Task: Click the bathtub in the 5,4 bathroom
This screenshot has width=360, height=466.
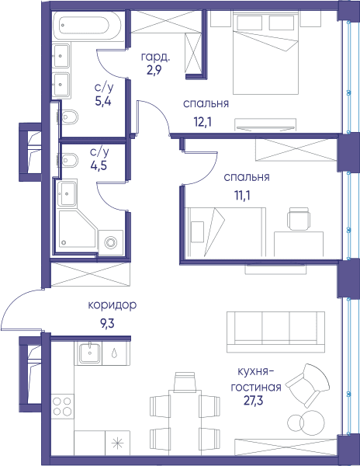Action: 87,26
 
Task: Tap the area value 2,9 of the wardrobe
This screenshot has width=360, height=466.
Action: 154,70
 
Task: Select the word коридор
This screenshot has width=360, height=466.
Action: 112,305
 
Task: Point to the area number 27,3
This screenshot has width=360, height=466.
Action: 253,401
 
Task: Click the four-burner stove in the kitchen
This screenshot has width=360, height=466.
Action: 62,406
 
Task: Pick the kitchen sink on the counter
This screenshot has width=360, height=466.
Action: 89,353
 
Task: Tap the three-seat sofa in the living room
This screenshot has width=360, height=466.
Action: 275,332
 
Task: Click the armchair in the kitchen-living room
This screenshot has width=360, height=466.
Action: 307,385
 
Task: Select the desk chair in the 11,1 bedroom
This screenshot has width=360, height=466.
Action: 299,218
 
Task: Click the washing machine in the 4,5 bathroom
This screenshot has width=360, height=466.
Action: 110,242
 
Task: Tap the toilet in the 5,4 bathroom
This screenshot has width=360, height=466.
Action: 69,116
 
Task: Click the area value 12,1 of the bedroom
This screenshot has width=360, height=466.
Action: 202,122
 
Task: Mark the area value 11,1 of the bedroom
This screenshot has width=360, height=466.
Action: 242,196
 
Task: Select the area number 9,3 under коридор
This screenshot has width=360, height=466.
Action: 107,323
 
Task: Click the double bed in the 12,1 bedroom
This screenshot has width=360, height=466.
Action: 265,53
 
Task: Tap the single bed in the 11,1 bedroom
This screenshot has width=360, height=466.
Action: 226,231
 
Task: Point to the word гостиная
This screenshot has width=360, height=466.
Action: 256,388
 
